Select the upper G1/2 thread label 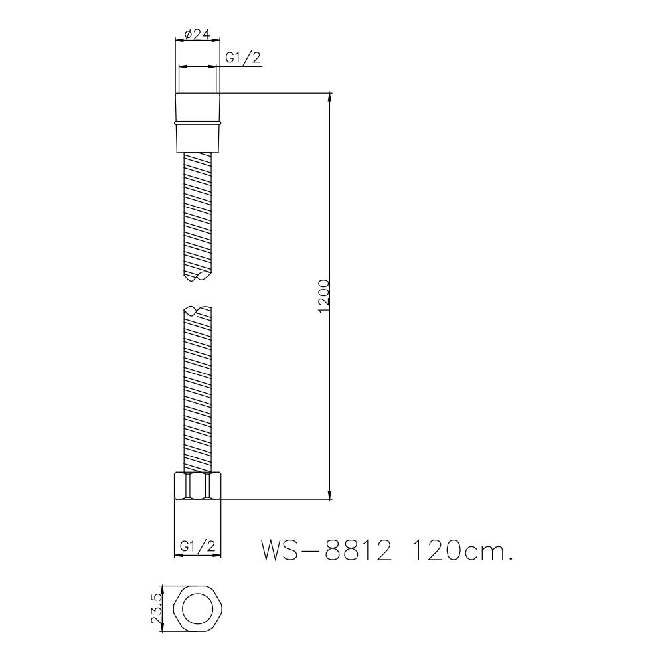click(x=242, y=58)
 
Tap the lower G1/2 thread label click(x=197, y=548)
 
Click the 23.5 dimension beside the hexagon click(x=157, y=609)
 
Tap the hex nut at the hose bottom click(x=197, y=485)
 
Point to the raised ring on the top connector click(x=197, y=123)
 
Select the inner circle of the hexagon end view click(x=197, y=610)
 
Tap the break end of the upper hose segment click(x=197, y=276)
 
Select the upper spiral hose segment click(x=197, y=212)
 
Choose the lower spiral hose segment click(x=197, y=392)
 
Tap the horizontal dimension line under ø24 click(x=197, y=41)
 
